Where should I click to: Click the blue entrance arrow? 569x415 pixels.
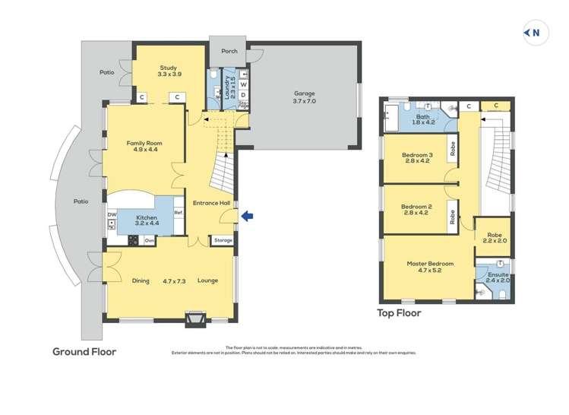coord(248,217)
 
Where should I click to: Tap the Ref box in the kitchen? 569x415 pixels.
coord(179,212)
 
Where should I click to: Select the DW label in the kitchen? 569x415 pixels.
coord(112,215)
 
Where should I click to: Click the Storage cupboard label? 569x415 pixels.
coord(223,240)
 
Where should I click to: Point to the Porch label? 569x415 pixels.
coord(229,51)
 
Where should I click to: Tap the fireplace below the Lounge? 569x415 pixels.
coord(195,319)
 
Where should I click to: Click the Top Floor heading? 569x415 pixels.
coord(399,312)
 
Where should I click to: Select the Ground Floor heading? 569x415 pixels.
coord(84,352)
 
